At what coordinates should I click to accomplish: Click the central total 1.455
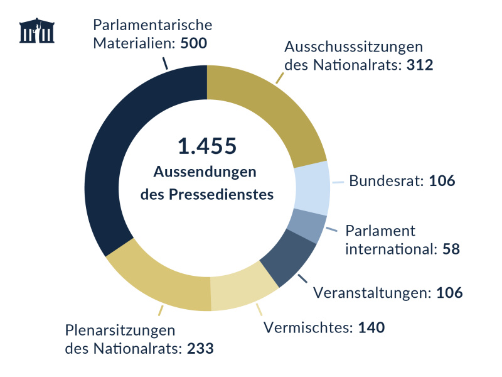coord(206,146)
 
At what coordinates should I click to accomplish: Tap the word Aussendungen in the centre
coord(206,172)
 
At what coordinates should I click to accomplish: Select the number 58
coord(451,248)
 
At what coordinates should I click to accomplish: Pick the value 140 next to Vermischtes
coord(370,327)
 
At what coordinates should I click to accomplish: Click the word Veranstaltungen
coord(370,292)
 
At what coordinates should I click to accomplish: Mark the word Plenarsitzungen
coord(119,331)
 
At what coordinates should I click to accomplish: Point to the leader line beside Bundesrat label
coord(338,182)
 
